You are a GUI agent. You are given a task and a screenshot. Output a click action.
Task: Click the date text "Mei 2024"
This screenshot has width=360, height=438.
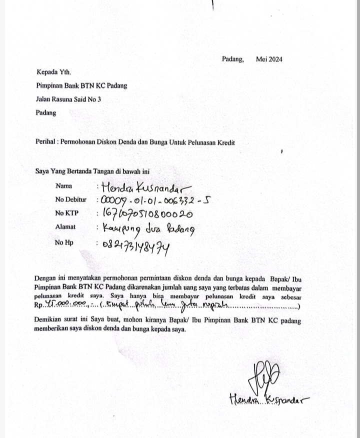click(x=269, y=59)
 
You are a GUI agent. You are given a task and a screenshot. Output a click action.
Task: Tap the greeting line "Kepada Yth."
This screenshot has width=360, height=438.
click(x=53, y=72)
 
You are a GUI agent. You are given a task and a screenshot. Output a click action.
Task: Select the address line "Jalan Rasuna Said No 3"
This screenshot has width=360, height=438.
click(x=68, y=99)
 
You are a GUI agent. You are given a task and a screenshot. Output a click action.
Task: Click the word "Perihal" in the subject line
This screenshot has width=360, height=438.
click(x=47, y=142)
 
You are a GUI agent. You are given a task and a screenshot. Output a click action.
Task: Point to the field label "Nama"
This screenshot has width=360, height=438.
click(x=63, y=186)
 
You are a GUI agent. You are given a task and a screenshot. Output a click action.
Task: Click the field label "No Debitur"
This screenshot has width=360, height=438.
click(x=70, y=200)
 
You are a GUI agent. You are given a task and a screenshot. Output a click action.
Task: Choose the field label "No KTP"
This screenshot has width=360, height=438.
click(x=66, y=213)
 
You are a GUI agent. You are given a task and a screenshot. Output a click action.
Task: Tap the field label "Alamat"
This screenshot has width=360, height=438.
click(x=65, y=227)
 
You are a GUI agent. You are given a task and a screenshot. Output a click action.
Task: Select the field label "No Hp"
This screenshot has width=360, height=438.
click(x=64, y=242)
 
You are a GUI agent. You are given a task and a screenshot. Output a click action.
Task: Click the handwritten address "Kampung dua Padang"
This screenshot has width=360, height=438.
click(x=148, y=229)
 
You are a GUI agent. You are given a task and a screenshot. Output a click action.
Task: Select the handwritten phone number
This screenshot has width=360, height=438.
click(x=136, y=245)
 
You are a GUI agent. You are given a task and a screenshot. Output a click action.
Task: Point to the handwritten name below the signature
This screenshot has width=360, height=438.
click(x=269, y=399)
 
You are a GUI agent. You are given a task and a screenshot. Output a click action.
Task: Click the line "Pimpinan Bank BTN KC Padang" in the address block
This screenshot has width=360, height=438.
click(x=81, y=85)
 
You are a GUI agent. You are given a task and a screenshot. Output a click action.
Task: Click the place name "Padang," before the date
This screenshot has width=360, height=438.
click(x=233, y=59)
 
